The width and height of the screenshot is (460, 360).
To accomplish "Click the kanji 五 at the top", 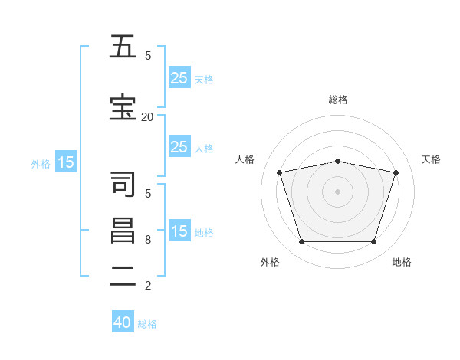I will pos(122,47).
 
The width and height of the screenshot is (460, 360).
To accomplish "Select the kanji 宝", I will pos(122,108).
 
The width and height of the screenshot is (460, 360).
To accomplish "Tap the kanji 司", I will pos(122,185).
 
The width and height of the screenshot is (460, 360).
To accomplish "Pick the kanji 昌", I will pos(122,231).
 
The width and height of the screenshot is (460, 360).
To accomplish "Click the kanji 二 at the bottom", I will pos(122,277).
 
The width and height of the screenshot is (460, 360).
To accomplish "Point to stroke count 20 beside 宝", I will pos(147,116).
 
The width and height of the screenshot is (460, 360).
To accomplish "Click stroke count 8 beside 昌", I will pos(148,239).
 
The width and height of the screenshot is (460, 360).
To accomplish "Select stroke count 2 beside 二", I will pos(148,285).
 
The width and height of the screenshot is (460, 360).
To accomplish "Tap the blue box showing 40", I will pos(123,322).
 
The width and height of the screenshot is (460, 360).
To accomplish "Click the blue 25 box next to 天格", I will pos(179,77).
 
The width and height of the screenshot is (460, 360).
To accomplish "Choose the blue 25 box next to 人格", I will pos(179,147).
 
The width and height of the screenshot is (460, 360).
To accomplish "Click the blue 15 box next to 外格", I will pos(66,162).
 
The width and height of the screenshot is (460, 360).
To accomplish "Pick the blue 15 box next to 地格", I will pos(179,231).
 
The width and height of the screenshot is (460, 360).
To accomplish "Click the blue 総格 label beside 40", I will pos(147,323).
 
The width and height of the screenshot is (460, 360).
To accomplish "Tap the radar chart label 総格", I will pos(338,100).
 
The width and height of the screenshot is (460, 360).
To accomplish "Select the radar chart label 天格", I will pos(431,159).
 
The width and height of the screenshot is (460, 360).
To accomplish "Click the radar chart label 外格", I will pos(270,262).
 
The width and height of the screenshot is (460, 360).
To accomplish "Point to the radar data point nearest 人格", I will pos(280,172).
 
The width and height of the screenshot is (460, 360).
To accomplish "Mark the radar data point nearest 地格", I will pos(373,242).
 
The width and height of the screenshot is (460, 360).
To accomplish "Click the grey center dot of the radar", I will pos(338,191).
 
